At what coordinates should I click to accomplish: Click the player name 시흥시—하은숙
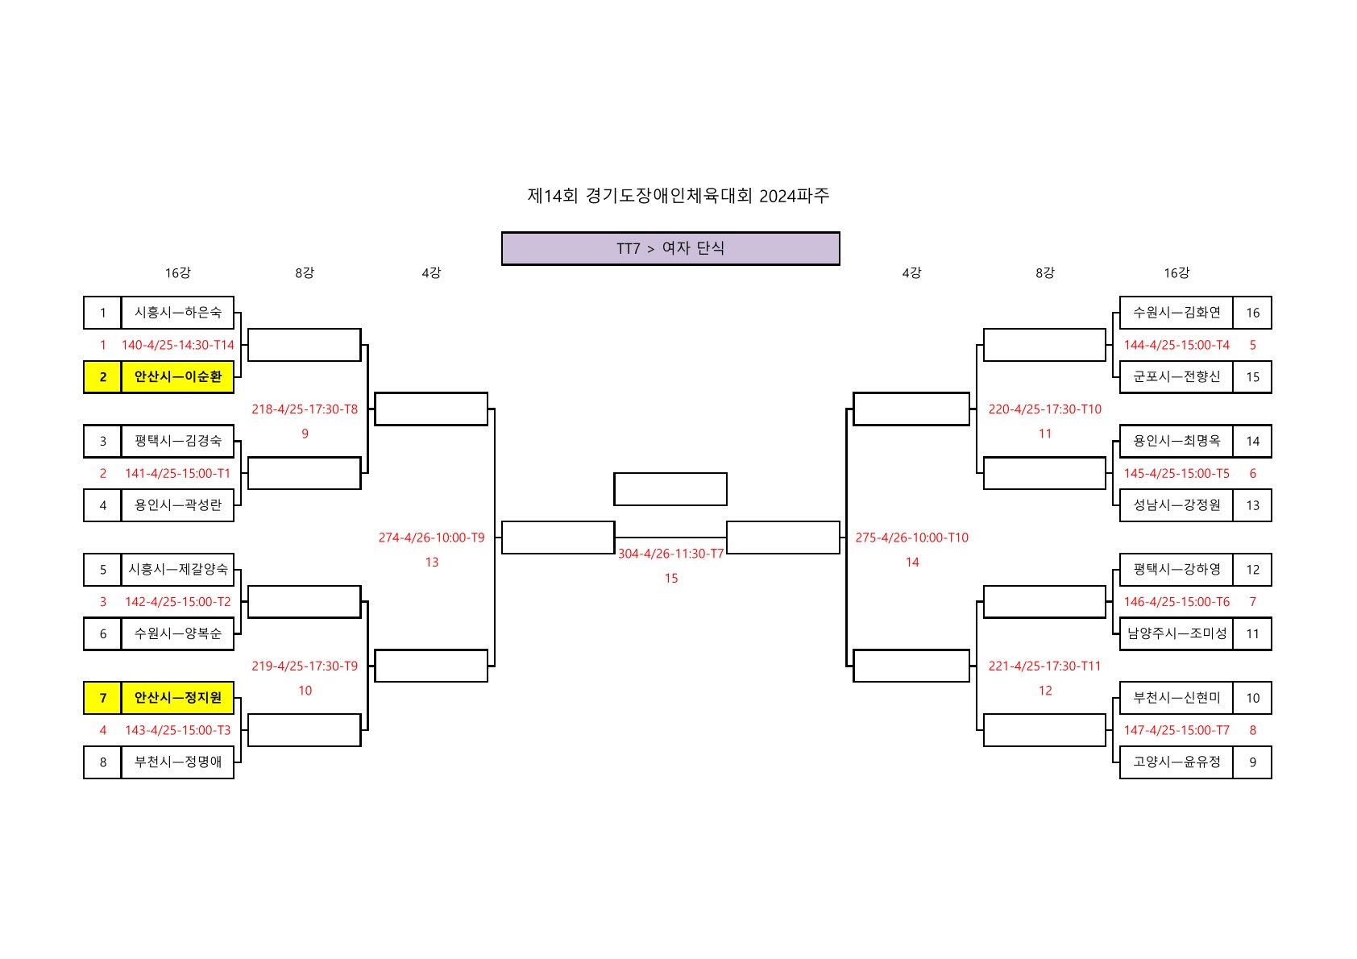[177, 313]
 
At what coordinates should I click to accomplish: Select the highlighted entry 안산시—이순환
[177, 377]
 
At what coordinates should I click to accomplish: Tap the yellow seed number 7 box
[102, 698]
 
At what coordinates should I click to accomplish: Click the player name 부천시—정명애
[177, 762]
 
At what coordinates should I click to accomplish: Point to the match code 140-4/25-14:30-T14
[177, 345]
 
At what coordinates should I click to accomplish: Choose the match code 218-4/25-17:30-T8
[305, 409]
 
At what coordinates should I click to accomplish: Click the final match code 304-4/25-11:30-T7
[670, 554]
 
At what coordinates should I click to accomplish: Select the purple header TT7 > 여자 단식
[670, 248]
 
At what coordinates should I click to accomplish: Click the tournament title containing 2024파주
[678, 196]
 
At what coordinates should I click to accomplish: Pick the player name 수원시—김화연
[1176, 313]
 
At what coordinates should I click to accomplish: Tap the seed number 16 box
[1252, 313]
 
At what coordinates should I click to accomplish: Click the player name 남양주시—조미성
[1176, 633]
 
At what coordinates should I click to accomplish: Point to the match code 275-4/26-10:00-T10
[911, 538]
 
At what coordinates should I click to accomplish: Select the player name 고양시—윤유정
[1176, 762]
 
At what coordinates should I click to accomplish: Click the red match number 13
[432, 563]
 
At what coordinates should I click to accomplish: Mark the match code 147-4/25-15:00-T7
[1176, 730]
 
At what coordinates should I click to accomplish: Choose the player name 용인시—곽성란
[177, 505]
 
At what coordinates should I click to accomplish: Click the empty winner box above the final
[670, 489]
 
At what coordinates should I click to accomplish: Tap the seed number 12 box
[1252, 570]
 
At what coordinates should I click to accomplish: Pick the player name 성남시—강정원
[1176, 505]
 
